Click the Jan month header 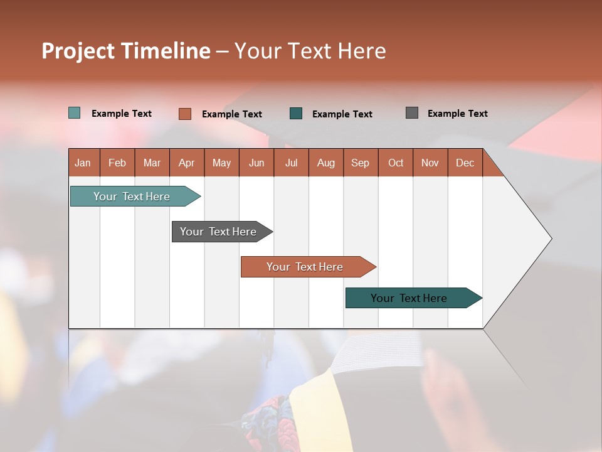[x=83, y=163]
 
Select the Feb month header [x=117, y=163]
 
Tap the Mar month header [x=152, y=163]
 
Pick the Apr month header [x=187, y=163]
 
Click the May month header [x=221, y=163]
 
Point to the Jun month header [x=256, y=163]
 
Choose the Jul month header [x=291, y=163]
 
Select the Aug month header [x=326, y=163]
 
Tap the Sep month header [x=361, y=163]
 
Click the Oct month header [x=396, y=163]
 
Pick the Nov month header [x=430, y=163]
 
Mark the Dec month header [x=465, y=163]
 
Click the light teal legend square [x=75, y=113]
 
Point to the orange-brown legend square [x=185, y=114]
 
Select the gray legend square [x=412, y=113]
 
